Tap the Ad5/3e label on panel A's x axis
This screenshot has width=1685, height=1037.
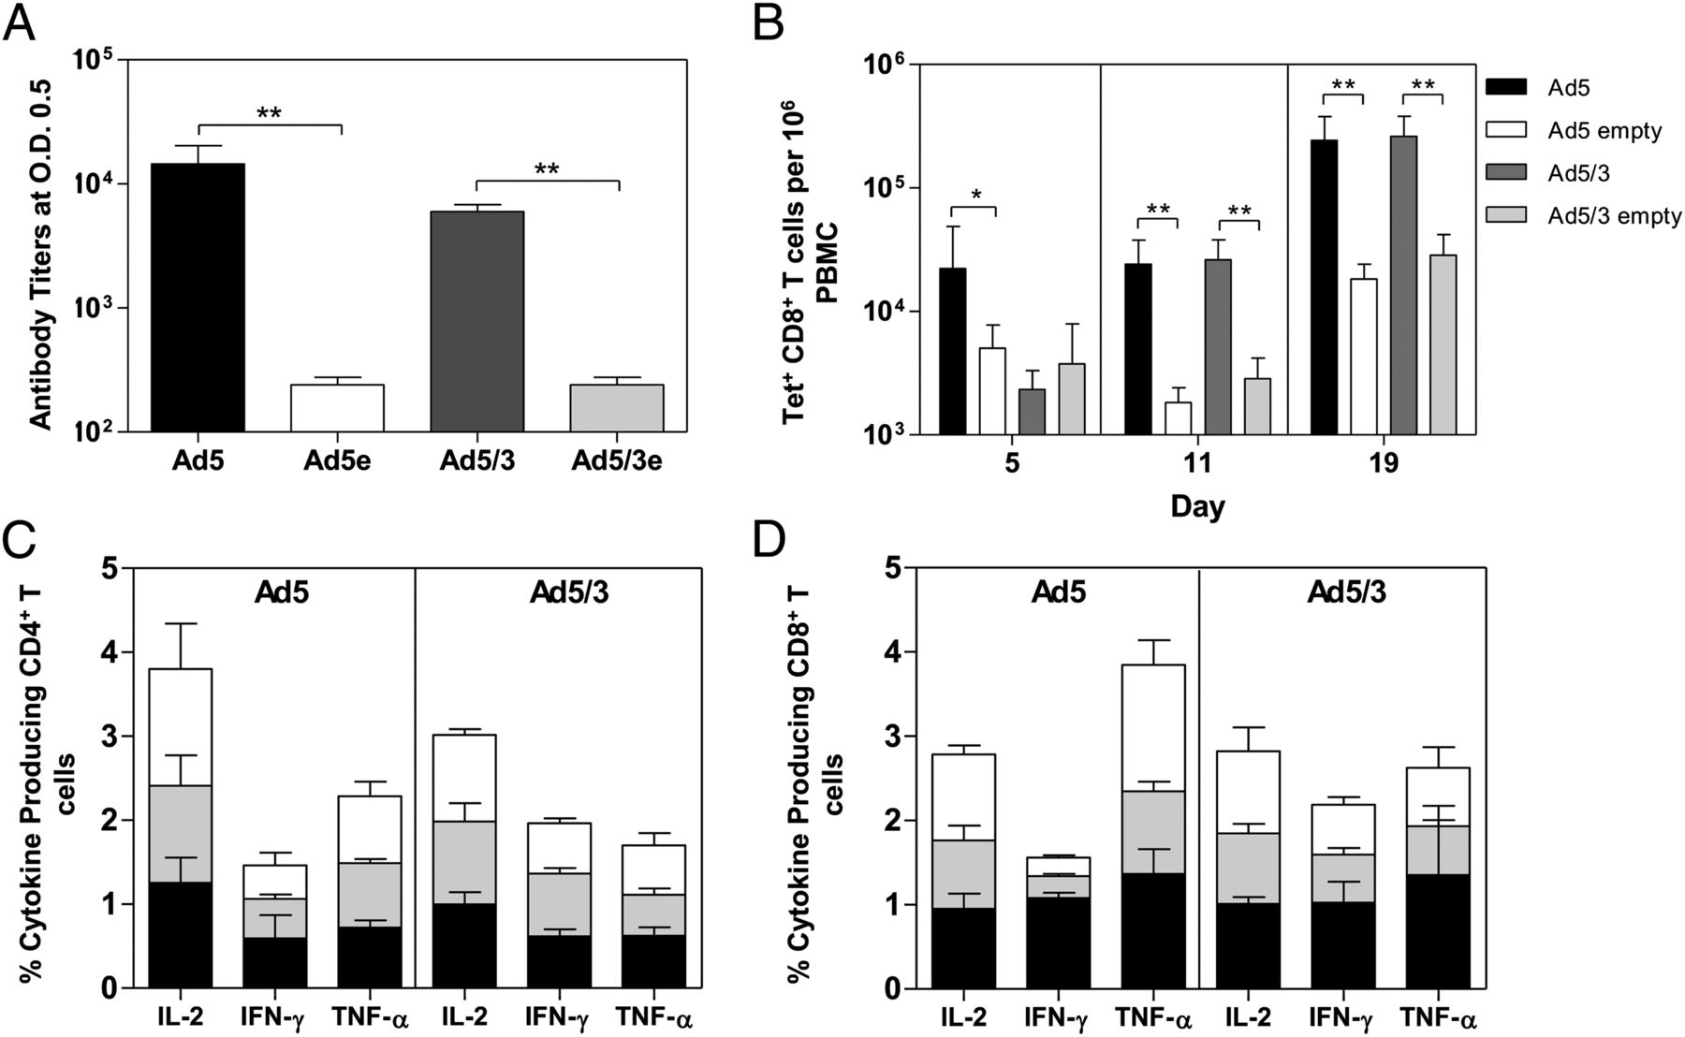pyautogui.click(x=616, y=461)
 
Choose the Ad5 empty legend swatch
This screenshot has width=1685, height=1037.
pyautogui.click(x=1506, y=131)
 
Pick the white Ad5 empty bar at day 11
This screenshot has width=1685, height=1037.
pyautogui.click(x=1178, y=417)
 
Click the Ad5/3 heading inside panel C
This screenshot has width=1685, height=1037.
pyautogui.click(x=569, y=592)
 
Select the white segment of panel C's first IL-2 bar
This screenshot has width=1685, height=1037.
pyautogui.click(x=181, y=727)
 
